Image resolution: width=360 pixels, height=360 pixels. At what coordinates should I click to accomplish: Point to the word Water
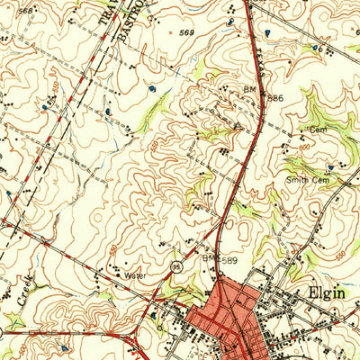point(135,275)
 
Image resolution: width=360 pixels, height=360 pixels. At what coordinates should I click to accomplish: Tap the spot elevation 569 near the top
point(187,33)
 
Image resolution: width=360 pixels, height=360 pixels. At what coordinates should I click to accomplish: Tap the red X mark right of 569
point(171,32)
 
